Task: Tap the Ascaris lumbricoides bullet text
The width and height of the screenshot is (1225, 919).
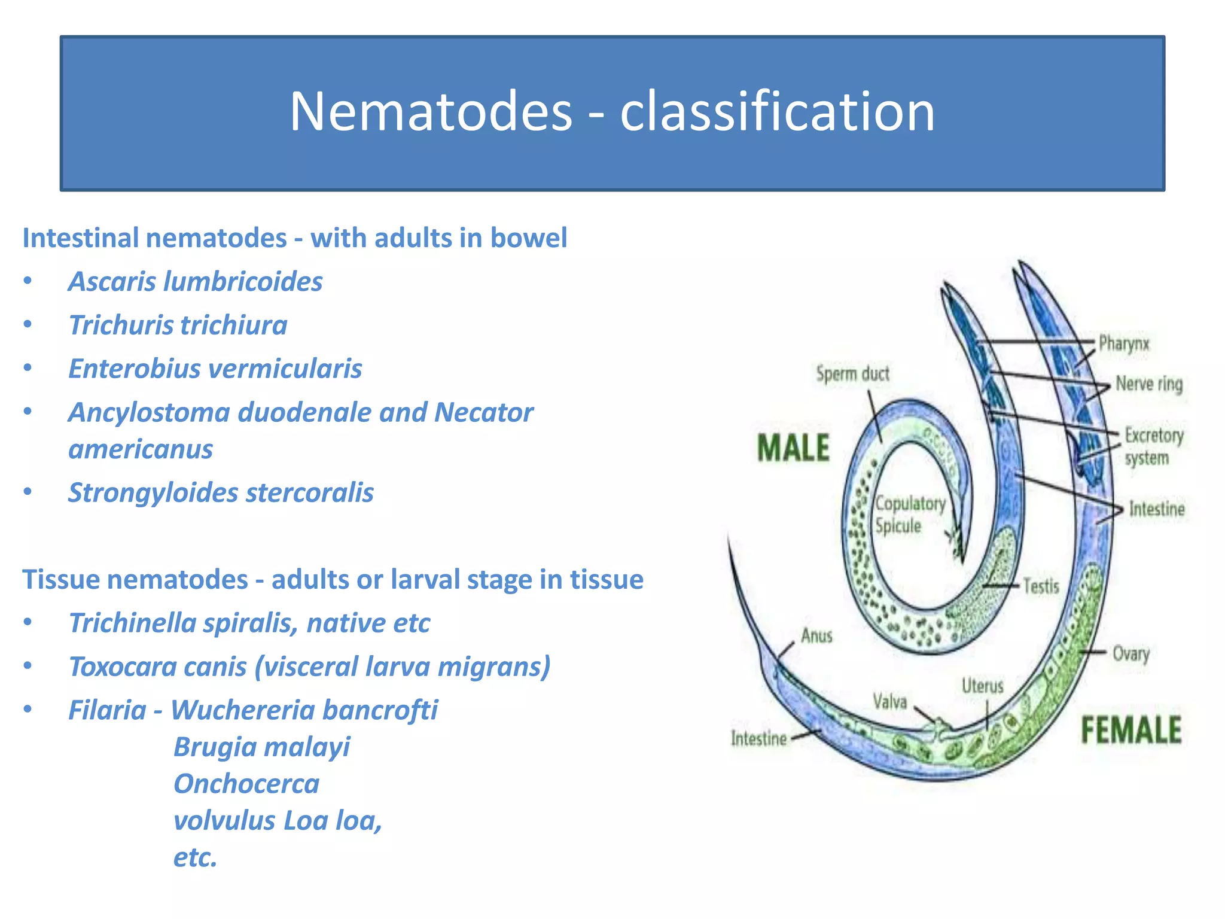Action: [195, 282]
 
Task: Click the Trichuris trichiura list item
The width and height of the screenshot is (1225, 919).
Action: [178, 325]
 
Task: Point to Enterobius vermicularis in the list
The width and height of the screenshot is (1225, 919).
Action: [215, 369]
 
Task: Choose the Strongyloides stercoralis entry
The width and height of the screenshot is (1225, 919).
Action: [221, 493]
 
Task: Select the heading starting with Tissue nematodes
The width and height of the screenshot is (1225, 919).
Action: [333, 580]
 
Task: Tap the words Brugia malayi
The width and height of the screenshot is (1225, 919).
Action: [261, 747]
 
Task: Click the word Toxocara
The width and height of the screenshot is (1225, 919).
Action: [157, 667]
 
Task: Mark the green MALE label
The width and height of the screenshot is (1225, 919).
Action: [793, 448]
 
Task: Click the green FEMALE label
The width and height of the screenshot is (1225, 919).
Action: [1130, 731]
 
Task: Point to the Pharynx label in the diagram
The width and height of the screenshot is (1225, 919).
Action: [1124, 344]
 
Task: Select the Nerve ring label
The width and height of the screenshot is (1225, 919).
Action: [1148, 384]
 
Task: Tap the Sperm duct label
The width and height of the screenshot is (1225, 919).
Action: [852, 374]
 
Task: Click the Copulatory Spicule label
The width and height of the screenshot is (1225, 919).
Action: [910, 515]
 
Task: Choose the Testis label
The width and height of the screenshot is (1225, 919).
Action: [1041, 586]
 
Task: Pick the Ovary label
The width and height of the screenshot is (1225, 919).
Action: [1130, 653]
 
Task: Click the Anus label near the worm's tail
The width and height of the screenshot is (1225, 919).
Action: [816, 635]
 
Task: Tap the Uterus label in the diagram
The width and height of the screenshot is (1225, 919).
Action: [982, 686]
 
